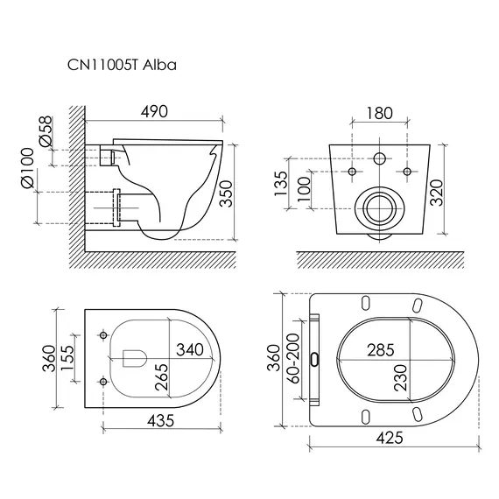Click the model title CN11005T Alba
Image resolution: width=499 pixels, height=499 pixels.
point(122,66)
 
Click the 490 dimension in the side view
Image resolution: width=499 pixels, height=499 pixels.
point(154,112)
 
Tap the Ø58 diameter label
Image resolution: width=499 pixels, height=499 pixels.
point(46,131)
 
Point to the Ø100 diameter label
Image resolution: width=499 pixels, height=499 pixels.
point(27,168)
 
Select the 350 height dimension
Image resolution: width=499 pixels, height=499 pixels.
point(226,193)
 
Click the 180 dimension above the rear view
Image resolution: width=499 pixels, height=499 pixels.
point(380,113)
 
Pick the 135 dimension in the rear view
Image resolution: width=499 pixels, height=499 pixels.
point(281,184)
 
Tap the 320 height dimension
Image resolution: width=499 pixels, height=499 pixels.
point(436,193)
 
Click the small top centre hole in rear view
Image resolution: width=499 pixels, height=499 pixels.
point(380,158)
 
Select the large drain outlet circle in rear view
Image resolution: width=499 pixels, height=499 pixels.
point(380,208)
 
